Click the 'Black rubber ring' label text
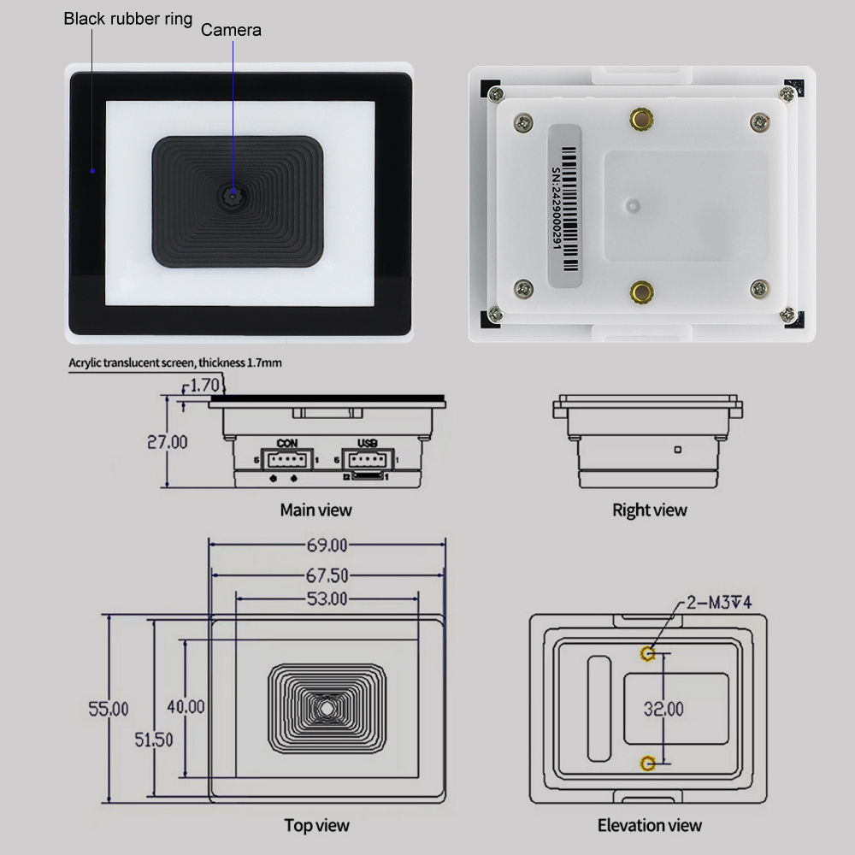[x=128, y=19]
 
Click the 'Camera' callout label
[x=231, y=30]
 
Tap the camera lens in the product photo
[x=233, y=195]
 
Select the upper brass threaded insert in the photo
[x=641, y=118]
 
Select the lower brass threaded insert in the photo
[x=642, y=292]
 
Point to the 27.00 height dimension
[x=168, y=442]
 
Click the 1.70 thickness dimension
[x=204, y=386]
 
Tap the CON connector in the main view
[x=287, y=459]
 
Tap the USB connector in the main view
[x=368, y=460]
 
